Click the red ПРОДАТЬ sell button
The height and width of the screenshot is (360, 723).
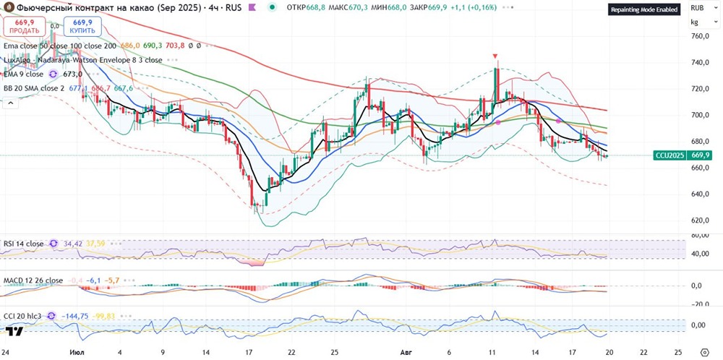point(24,27)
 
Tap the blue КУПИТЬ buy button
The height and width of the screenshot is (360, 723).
point(82,27)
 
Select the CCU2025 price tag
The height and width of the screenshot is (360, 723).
point(669,155)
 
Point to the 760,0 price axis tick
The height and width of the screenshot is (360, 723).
point(698,36)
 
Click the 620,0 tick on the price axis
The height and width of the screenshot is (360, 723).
point(698,220)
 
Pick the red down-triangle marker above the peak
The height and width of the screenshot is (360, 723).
point(495,56)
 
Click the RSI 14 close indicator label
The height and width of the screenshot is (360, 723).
point(23,244)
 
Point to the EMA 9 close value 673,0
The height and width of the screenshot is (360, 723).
point(72,74)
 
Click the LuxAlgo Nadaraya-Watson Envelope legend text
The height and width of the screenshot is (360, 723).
point(82,60)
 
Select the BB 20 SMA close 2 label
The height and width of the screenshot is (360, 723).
point(34,88)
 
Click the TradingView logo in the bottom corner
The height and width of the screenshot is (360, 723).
point(14,331)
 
